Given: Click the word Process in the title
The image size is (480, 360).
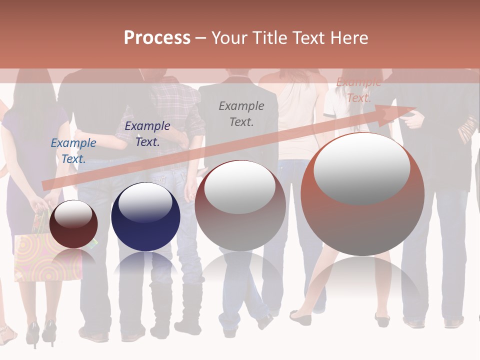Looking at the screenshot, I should (157, 38).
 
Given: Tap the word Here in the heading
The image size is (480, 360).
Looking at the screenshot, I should (350, 38).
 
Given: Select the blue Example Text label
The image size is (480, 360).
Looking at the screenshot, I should (73, 151).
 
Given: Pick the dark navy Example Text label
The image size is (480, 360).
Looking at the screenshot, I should (147, 134).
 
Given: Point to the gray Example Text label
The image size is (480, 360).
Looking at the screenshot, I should (241, 114).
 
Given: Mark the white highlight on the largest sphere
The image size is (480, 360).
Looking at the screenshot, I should (361, 168).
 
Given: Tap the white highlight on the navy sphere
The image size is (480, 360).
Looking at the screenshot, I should (145, 201).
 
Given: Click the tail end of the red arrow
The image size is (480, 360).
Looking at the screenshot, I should (46, 184).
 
